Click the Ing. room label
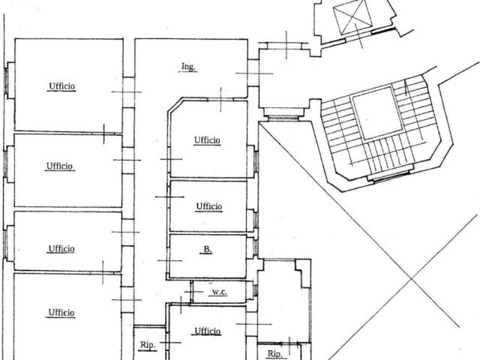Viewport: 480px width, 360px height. pos(187,67)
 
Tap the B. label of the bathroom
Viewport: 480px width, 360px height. pos(208,250)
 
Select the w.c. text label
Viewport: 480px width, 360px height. pos(220,292)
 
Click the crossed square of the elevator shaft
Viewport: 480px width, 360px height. pos(352,16)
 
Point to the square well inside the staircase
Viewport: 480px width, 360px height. pos(377,112)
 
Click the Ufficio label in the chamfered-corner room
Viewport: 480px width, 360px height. pos(207,140)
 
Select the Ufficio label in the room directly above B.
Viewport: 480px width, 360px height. pos(209,207)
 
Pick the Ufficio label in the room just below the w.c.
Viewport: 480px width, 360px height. pos(208,331)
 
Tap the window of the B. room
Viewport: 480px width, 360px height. pos(256,247)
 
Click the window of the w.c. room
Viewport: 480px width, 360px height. pos(255,290)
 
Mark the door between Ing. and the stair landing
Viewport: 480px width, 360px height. pos(253,73)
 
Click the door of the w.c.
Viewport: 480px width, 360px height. pos(192,292)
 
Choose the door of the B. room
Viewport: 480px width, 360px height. pos(168,260)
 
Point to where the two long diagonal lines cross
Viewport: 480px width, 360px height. pos(412,278)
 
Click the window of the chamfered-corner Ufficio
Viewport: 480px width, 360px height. pos(256,162)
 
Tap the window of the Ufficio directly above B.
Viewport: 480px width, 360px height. pos(256,219)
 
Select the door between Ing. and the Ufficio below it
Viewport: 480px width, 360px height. pos(220,99)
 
